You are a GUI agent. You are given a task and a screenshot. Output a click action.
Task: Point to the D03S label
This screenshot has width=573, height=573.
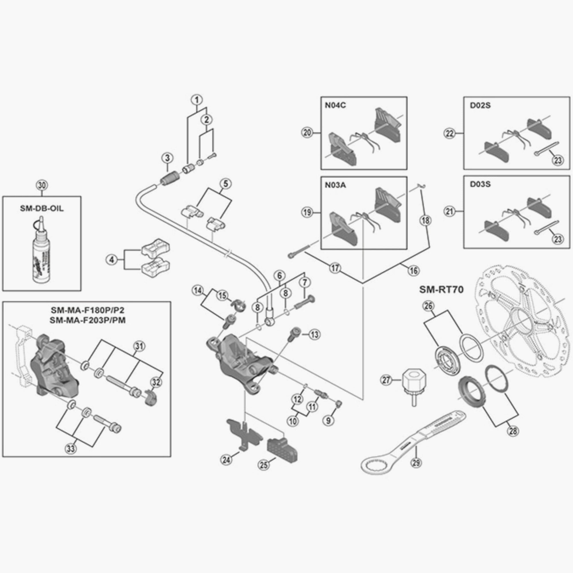480,184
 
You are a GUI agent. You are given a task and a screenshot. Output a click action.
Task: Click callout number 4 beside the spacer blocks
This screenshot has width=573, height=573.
111,260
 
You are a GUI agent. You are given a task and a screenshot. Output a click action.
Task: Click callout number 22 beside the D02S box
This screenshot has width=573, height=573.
450,134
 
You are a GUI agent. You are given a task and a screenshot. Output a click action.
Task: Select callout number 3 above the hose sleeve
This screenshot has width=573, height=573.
168,158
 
